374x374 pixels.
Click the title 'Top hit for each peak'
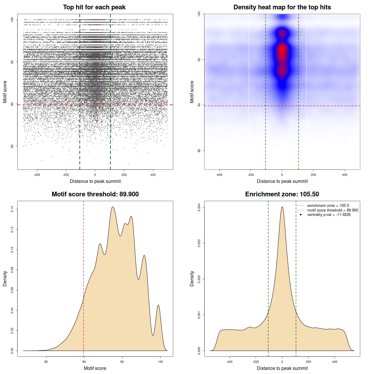(94, 7)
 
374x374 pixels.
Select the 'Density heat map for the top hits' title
(282, 7)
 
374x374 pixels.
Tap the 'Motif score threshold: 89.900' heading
(95, 194)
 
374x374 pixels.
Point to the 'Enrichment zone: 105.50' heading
(282, 194)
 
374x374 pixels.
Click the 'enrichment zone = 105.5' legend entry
(328, 206)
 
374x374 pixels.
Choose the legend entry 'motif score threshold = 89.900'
(333, 210)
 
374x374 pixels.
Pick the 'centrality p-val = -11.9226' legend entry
(329, 215)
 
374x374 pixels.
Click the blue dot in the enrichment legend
(301, 215)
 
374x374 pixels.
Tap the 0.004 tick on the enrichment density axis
(199, 207)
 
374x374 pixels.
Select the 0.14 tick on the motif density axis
(12, 209)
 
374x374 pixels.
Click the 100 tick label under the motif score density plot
(160, 362)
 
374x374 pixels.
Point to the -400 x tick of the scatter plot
(37, 175)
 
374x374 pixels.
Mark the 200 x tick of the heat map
(314, 175)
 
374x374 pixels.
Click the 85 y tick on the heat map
(199, 150)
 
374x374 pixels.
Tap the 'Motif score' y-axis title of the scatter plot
(5, 92)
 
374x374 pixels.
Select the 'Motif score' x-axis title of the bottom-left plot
(95, 368)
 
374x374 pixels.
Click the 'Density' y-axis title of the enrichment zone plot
(192, 278)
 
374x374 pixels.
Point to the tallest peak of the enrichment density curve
(282, 207)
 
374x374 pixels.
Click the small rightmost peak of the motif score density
(158, 305)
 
